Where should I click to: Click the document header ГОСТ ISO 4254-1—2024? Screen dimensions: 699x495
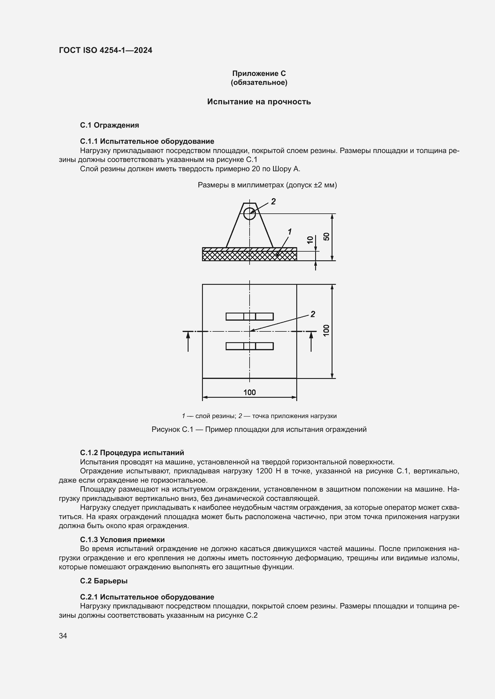click(105, 50)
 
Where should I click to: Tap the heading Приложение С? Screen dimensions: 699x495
click(259, 74)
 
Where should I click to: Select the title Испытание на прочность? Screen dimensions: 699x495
click(259, 102)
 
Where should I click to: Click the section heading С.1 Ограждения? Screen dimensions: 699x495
click(110, 125)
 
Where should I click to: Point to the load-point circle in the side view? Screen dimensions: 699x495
click(250, 213)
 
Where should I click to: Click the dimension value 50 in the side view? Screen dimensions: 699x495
click(327, 237)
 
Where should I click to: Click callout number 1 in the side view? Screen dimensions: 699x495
click(290, 232)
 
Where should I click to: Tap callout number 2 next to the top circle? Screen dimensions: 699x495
click(274, 201)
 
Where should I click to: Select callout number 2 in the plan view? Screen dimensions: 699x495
click(313, 314)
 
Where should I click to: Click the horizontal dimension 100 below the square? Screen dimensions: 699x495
click(249, 392)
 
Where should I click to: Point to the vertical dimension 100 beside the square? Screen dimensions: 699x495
click(327, 331)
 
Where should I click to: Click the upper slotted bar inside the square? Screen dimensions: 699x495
click(249, 316)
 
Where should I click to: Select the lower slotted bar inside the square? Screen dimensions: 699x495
click(249, 346)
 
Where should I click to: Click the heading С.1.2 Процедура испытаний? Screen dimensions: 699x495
click(132, 453)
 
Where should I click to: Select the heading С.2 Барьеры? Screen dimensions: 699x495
click(104, 581)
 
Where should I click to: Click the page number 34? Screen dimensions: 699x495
click(63, 636)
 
